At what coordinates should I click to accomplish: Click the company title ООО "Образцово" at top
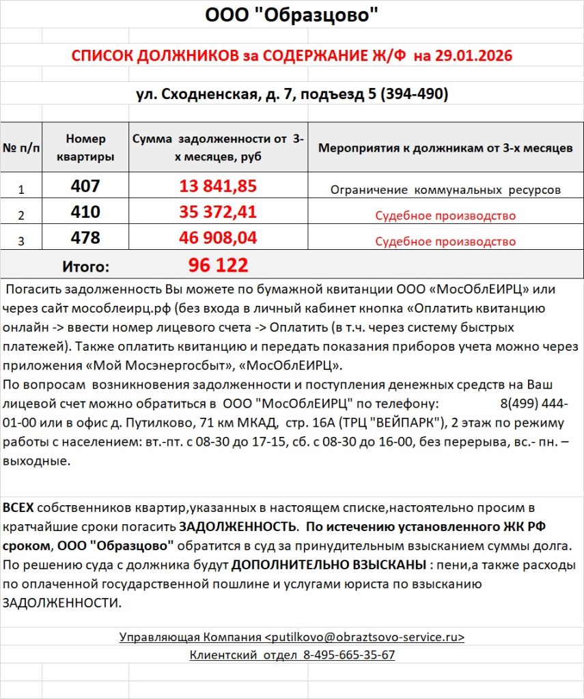coord(292,14)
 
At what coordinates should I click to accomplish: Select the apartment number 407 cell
coord(85,186)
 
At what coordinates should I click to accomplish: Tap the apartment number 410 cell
coord(85,212)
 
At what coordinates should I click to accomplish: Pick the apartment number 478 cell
coord(85,238)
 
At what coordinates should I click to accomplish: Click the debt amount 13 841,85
coord(218,186)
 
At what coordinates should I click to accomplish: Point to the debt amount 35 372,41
coord(218,212)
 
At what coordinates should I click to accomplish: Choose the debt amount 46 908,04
coord(218,238)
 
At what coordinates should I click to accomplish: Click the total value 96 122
coord(218,265)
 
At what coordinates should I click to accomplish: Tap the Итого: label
coord(85,266)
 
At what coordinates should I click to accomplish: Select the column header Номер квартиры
coord(85,147)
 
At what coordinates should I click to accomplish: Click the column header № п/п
coord(21,148)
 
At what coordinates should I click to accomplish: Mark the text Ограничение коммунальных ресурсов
coord(445,190)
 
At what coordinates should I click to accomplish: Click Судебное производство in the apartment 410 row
coord(445,216)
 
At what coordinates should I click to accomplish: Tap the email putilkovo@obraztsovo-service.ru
coord(365,637)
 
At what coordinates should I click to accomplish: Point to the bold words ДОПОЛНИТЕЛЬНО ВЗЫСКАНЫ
coord(328,566)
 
